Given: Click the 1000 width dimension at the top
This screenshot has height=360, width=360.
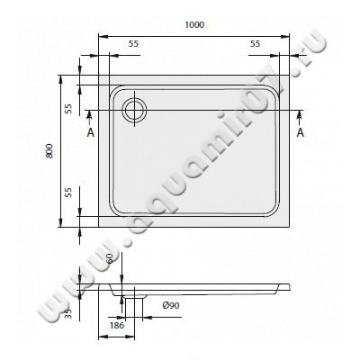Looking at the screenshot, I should pos(194,26).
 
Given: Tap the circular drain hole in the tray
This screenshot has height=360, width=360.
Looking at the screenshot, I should pos(134,110).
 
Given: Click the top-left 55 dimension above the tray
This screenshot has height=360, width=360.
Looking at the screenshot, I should pos(133,43).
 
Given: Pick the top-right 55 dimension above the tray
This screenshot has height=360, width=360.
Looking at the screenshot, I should pos(255,43).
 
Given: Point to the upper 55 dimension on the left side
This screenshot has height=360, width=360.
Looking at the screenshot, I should pos(67,108).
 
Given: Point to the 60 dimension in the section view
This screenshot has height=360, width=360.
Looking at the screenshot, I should pos(109,259).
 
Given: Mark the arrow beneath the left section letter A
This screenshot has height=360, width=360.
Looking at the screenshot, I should pos(90,116).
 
